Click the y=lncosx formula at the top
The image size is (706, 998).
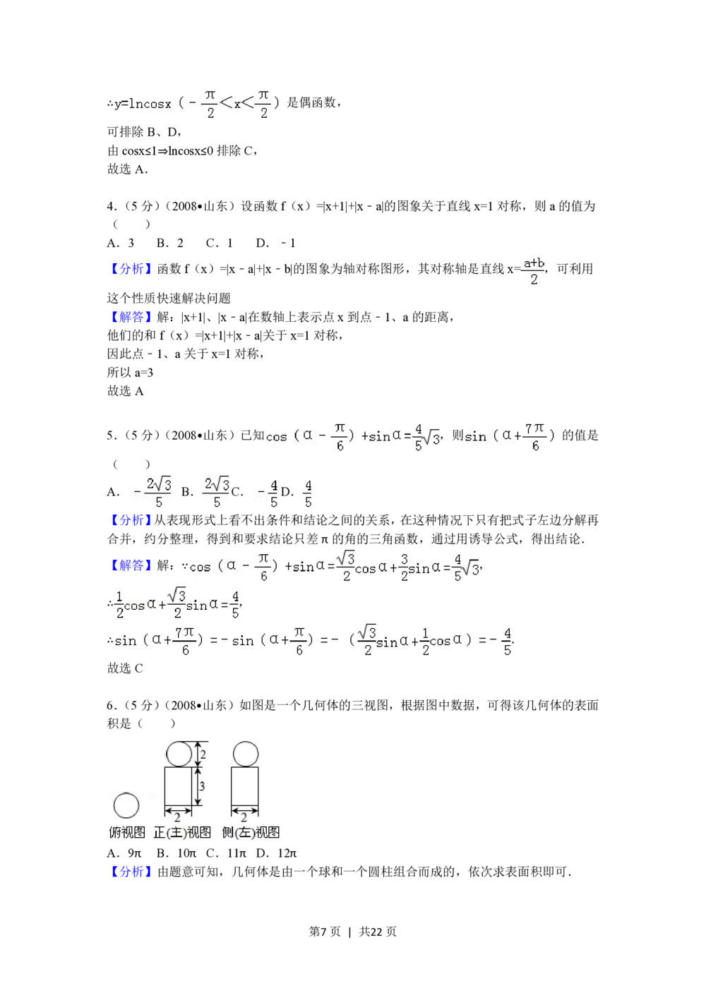pyautogui.click(x=200, y=104)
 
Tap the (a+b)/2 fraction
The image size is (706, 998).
pyautogui.click(x=534, y=271)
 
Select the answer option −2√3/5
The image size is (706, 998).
pyautogui.click(x=150, y=493)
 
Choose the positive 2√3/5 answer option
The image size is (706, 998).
pyautogui.click(x=215, y=493)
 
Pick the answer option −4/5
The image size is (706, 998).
pyautogui.click(x=266, y=494)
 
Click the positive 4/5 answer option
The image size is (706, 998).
pyautogui.click(x=308, y=494)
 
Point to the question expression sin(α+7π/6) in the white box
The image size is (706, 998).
pyautogui.click(x=513, y=437)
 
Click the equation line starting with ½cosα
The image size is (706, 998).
pyautogui.click(x=177, y=603)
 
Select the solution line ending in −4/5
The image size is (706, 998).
pyautogui.click(x=313, y=641)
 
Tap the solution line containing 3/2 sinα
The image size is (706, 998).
pyautogui.click(x=333, y=567)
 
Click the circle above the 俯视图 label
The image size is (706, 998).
pyautogui.click(x=126, y=805)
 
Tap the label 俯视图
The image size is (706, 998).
pyautogui.click(x=127, y=833)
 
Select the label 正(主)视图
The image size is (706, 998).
pyautogui.click(x=182, y=833)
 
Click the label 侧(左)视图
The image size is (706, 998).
pyautogui.click(x=251, y=833)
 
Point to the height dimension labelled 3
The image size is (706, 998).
pyautogui.click(x=201, y=786)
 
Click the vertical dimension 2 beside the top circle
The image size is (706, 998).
pyautogui.click(x=202, y=754)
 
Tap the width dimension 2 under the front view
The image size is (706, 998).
pyautogui.click(x=178, y=817)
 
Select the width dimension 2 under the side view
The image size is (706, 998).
pyautogui.click(x=244, y=817)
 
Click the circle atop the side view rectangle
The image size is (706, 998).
pyautogui.click(x=244, y=754)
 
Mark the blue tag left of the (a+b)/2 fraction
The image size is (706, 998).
pyautogui.click(x=130, y=268)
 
